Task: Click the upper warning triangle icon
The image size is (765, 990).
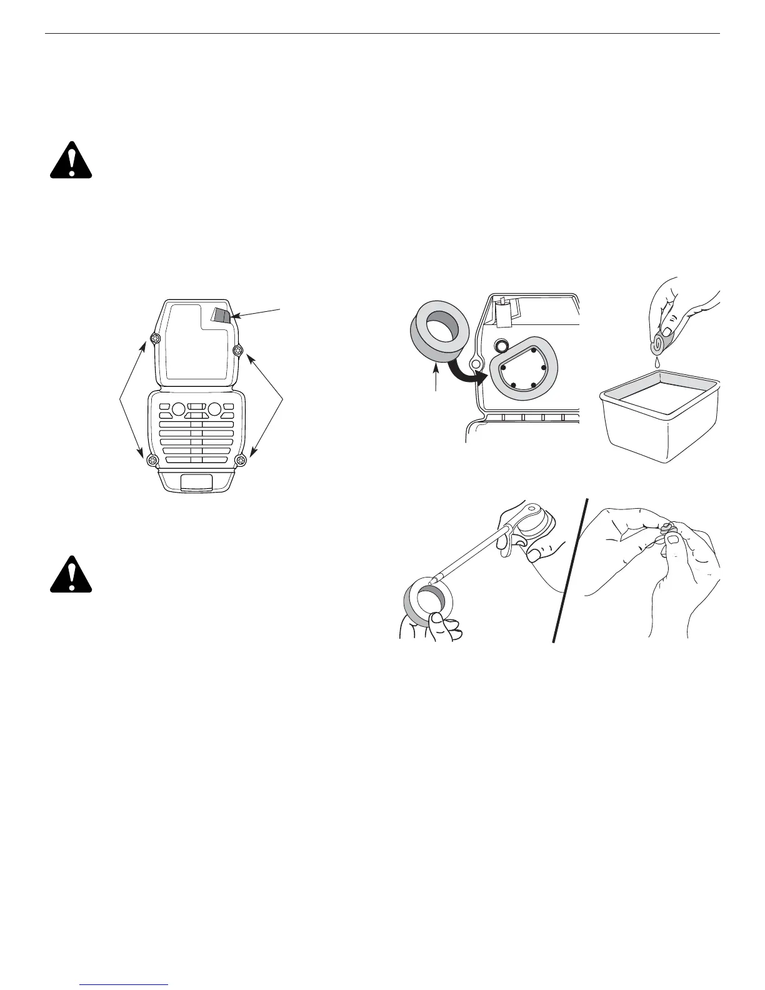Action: click(x=71, y=161)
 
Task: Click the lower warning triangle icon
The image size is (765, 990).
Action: click(x=71, y=574)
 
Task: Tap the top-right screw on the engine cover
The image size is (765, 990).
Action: click(x=237, y=350)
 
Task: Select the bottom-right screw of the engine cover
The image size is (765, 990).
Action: click(x=241, y=461)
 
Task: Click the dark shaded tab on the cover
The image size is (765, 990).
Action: click(x=221, y=314)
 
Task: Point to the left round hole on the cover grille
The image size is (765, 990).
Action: click(x=177, y=409)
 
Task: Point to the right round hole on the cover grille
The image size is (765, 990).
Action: click(x=214, y=409)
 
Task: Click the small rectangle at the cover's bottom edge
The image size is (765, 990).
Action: click(x=196, y=481)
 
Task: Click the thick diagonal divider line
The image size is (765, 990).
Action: click(x=571, y=570)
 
